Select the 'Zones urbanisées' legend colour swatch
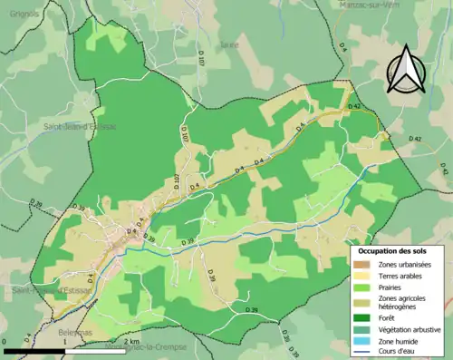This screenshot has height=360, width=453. click(364, 263)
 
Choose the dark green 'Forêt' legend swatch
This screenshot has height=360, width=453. click(364, 317)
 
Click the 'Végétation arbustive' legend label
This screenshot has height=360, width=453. click(410, 329)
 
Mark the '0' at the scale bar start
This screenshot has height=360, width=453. click(5, 342)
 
